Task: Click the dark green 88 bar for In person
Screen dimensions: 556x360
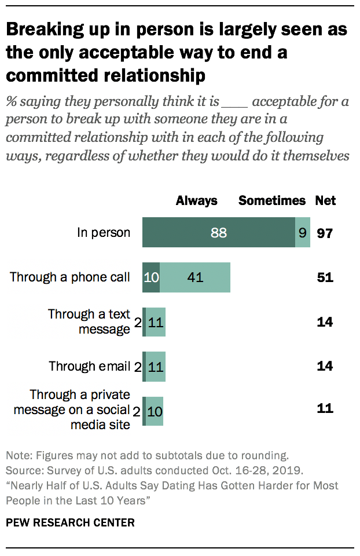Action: point(218,233)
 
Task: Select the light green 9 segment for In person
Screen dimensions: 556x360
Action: point(303,233)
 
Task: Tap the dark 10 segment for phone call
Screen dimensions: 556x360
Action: point(151,277)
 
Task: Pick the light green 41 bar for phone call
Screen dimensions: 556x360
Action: point(195,277)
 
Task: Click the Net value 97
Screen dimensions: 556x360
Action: point(325,233)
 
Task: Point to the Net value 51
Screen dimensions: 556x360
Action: point(325,277)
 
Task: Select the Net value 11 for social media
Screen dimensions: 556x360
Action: point(325,408)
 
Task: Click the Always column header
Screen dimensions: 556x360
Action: point(197,201)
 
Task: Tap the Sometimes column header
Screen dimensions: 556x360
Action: point(272,201)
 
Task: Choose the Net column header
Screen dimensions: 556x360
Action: point(325,201)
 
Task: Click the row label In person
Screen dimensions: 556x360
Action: point(104,233)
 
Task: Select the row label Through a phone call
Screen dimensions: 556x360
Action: point(70,277)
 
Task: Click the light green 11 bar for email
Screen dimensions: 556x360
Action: point(156,366)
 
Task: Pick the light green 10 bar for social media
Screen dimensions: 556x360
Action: point(155,410)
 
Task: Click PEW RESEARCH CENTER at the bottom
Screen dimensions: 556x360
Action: point(70,522)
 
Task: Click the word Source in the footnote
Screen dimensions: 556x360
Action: point(21,469)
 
